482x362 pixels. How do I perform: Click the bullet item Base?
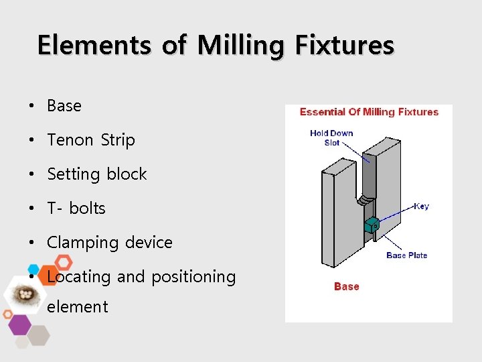tap(64, 106)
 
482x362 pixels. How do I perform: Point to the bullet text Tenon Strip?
tap(91, 140)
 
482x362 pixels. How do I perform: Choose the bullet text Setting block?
tap(97, 174)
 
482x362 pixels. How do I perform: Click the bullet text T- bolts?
tap(76, 208)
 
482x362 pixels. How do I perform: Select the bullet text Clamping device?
tap(110, 243)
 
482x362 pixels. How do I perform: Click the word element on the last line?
tap(78, 307)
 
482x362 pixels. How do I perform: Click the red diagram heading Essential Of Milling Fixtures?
tap(369, 112)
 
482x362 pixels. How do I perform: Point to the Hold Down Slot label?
tap(331, 137)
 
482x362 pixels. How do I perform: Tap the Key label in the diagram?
tap(421, 206)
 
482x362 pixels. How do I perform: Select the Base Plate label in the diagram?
tap(406, 255)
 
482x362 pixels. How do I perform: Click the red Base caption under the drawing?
tap(347, 286)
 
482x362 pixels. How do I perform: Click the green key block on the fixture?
tap(372, 225)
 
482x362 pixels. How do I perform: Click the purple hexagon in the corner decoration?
tap(19, 324)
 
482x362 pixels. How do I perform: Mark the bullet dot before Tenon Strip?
tap(31, 141)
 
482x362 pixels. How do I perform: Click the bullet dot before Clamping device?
tap(31, 243)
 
